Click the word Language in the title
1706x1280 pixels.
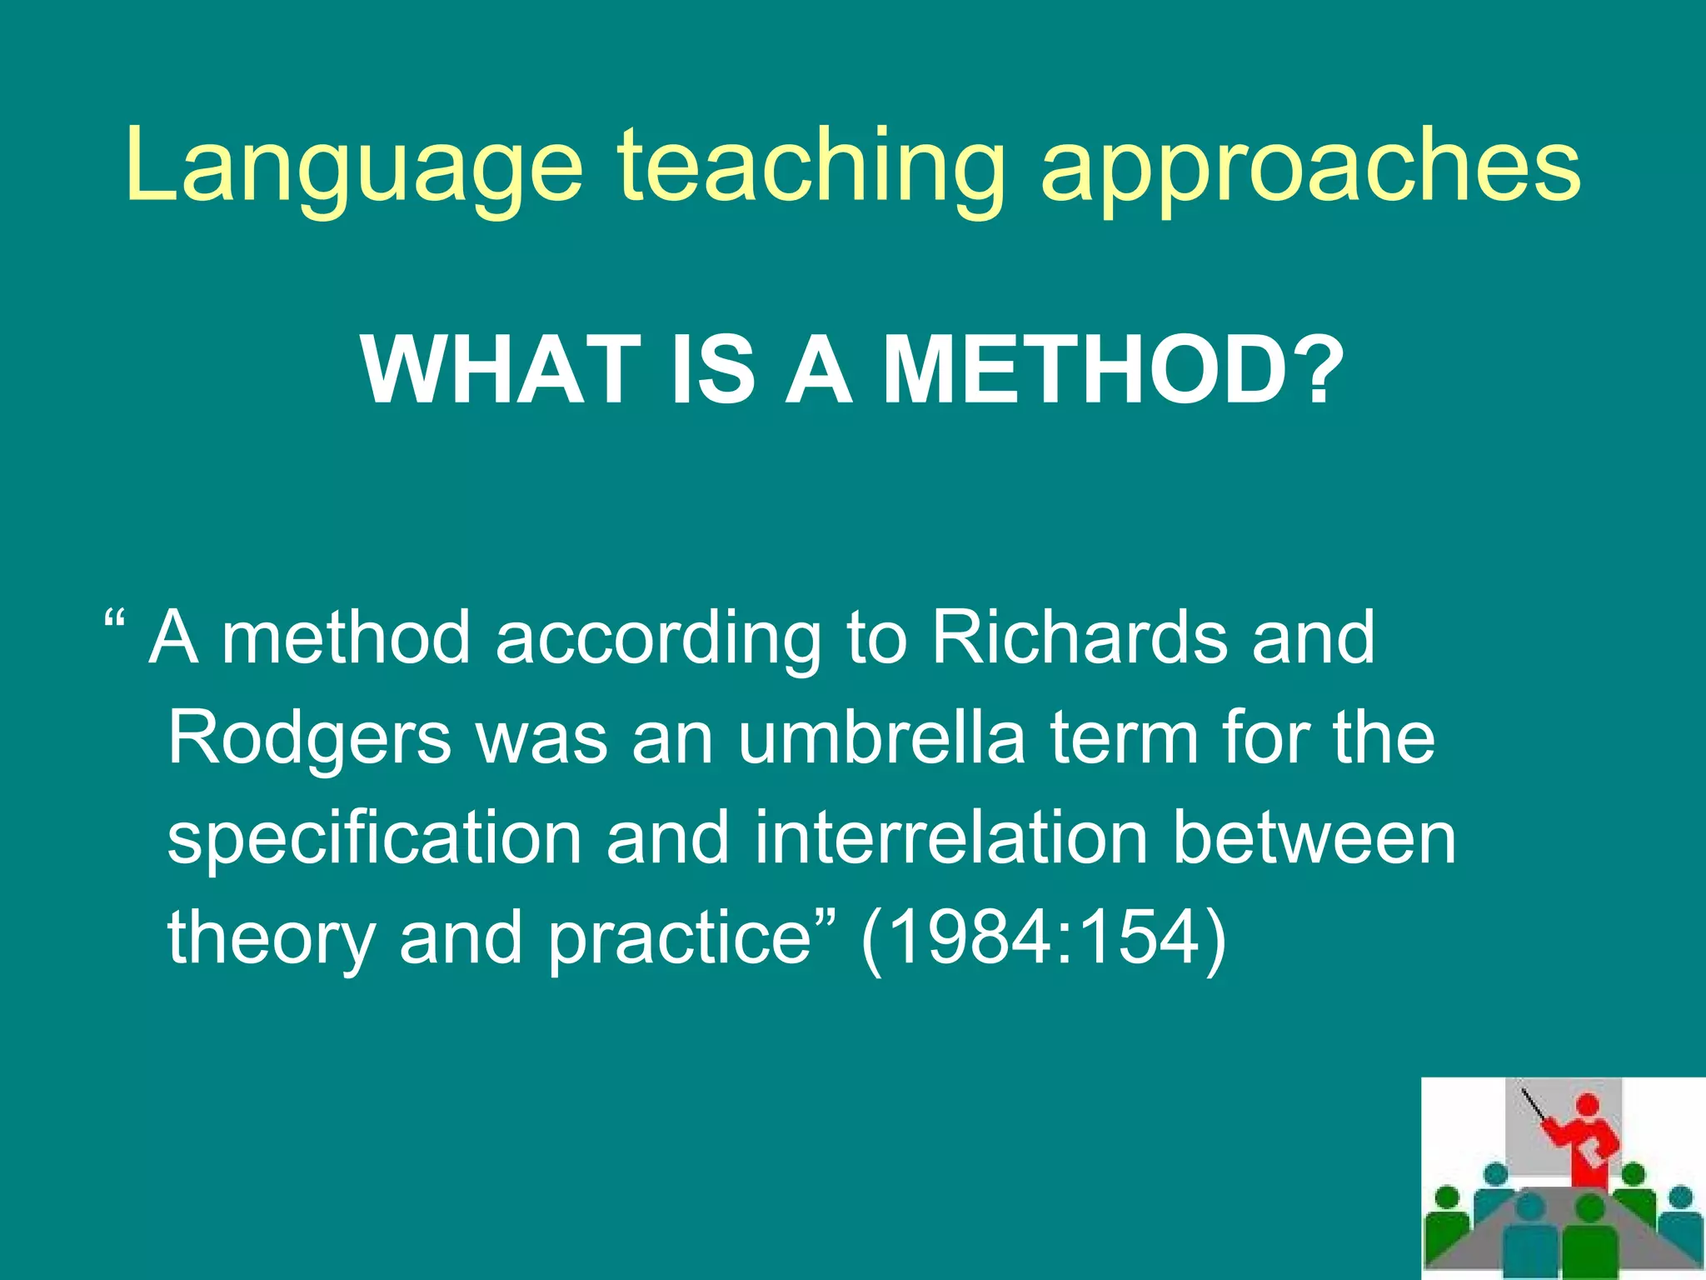[x=354, y=167]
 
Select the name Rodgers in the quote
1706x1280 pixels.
[x=309, y=740]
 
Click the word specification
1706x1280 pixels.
[x=374, y=840]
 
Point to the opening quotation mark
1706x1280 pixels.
[x=115, y=621]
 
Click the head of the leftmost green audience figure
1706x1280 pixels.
[x=1449, y=1198]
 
